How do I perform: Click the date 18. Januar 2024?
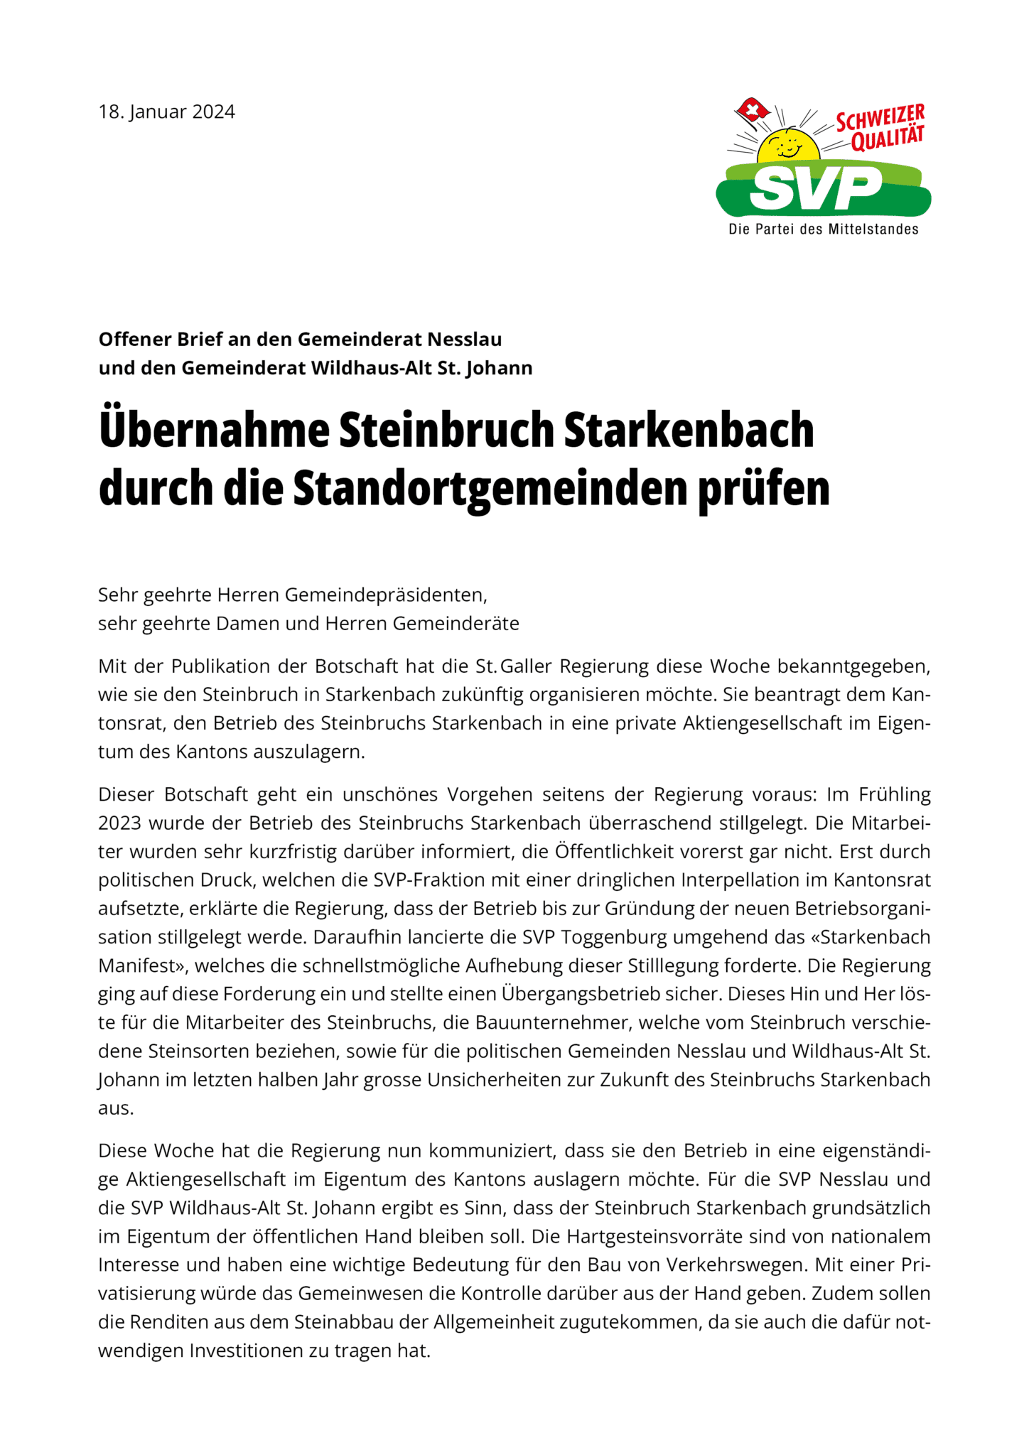166,112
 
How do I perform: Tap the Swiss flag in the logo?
753,110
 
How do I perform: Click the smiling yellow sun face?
787,148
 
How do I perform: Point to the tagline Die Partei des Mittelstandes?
823,229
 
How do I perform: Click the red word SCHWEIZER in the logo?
880,118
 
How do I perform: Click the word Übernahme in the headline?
214,431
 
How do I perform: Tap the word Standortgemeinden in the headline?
490,489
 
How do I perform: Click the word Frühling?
894,794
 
